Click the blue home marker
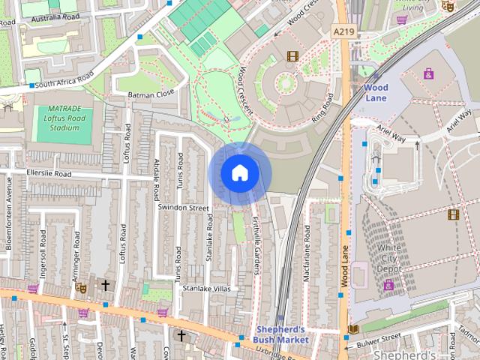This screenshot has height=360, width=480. point(239,173)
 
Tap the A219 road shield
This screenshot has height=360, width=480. point(343,31)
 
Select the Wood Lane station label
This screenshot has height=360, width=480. point(376,92)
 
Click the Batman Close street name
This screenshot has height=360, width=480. point(151,94)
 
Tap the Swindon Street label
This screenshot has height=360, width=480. point(183,207)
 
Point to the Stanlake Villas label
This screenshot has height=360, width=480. point(206,287)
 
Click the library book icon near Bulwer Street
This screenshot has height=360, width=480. point(353,329)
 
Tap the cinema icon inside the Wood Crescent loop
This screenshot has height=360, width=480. point(292,55)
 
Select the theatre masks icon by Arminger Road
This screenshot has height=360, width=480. point(82,286)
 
